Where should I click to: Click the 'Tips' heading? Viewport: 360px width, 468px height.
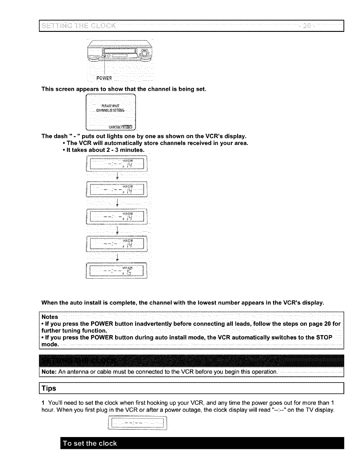pos(49,389)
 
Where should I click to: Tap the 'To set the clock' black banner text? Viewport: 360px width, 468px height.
pos(89,444)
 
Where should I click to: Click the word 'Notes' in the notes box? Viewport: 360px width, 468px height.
pos(50,317)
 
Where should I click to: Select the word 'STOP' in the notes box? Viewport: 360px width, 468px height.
pos(324,337)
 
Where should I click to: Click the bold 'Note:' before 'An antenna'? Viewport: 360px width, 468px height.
pos(49,372)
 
